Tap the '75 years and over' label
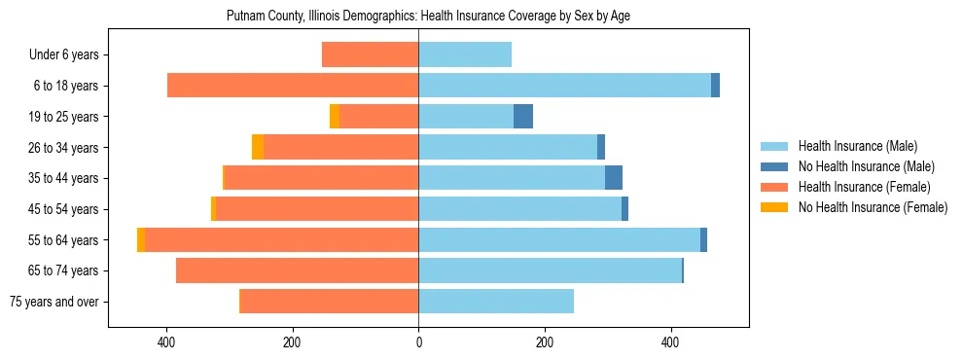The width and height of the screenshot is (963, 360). coord(53,302)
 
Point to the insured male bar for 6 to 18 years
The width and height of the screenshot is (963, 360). coord(564,86)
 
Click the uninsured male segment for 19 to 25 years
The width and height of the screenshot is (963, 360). coord(523,117)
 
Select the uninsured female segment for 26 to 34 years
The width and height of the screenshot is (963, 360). coord(258,147)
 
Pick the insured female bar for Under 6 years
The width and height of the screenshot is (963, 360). coord(370,54)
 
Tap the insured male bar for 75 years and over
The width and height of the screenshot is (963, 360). coord(496,302)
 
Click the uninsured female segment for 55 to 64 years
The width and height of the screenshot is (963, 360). coord(141,239)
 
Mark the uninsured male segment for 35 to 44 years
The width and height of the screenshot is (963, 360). coord(614,178)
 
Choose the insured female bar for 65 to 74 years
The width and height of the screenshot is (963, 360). coord(297,270)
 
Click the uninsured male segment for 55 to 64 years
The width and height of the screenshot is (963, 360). coord(703,239)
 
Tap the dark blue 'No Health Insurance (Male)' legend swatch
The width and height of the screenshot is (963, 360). coord(774,166)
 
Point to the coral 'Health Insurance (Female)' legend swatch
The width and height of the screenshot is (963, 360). coord(774,187)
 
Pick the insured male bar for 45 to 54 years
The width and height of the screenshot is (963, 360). coord(519,209)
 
